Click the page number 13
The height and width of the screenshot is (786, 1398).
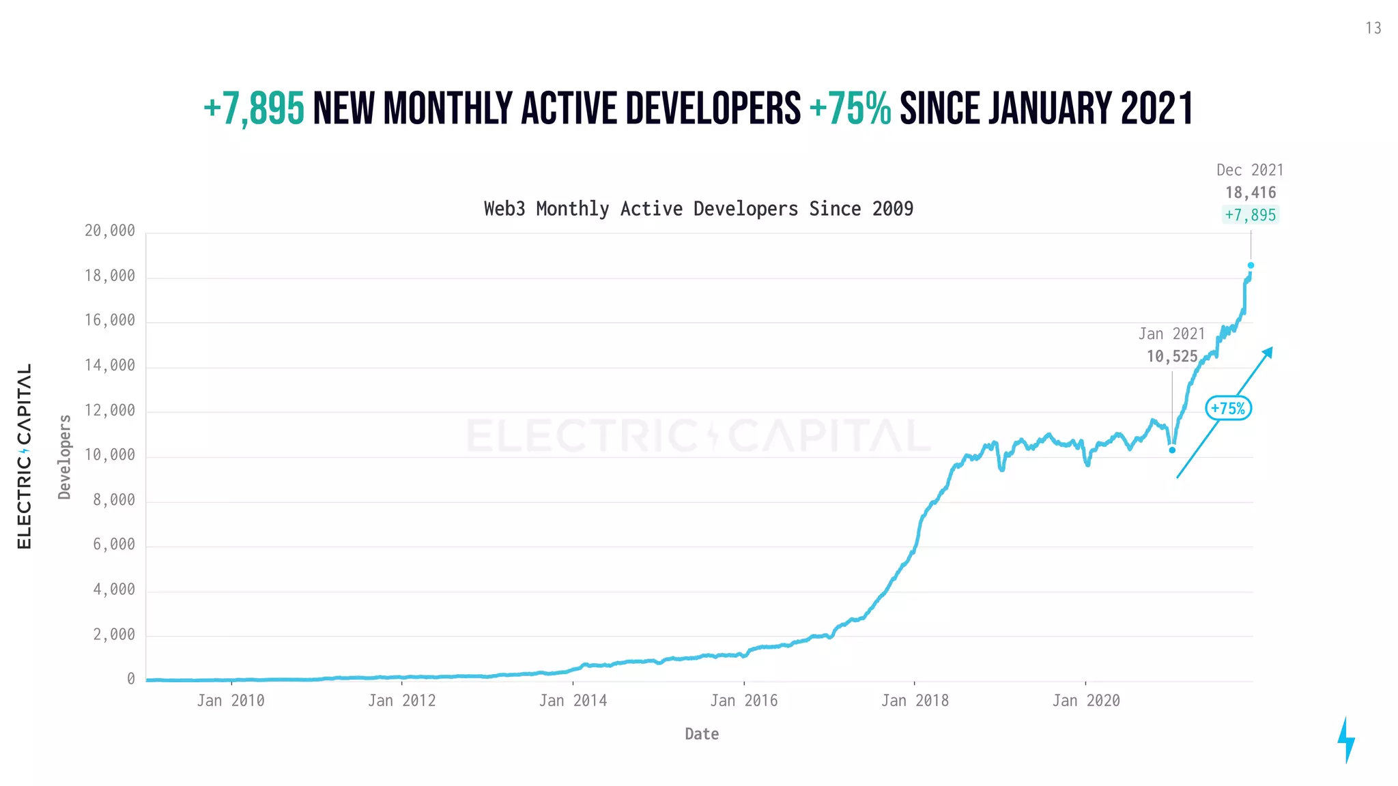pos(1373,28)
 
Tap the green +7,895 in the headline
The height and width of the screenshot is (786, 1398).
pos(254,109)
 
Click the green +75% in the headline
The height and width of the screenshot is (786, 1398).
pos(850,109)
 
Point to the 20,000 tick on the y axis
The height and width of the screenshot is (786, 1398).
pos(110,231)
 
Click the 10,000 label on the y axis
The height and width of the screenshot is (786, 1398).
pos(110,455)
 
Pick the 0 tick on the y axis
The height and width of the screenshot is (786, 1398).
pos(131,679)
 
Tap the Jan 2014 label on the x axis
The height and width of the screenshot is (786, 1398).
pos(573,701)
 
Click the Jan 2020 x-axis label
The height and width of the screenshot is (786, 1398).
pos(1085,701)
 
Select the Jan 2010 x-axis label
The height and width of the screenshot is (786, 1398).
pos(231,701)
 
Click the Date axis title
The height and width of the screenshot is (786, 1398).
pos(702,734)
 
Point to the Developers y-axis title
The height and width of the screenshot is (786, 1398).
pos(65,457)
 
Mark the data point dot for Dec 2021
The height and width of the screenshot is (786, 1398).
pos(1251,265)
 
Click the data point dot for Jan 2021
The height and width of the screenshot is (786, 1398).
pos(1172,450)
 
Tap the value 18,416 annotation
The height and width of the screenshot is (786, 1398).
pos(1250,192)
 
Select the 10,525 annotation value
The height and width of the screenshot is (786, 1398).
pos(1172,356)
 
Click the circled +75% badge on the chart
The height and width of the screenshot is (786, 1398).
pos(1228,408)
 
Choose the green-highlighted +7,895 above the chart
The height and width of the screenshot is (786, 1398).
pos(1250,215)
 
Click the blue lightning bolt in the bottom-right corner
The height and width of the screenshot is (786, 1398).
pos(1345,740)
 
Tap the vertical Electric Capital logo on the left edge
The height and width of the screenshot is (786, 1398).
pos(24,456)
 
